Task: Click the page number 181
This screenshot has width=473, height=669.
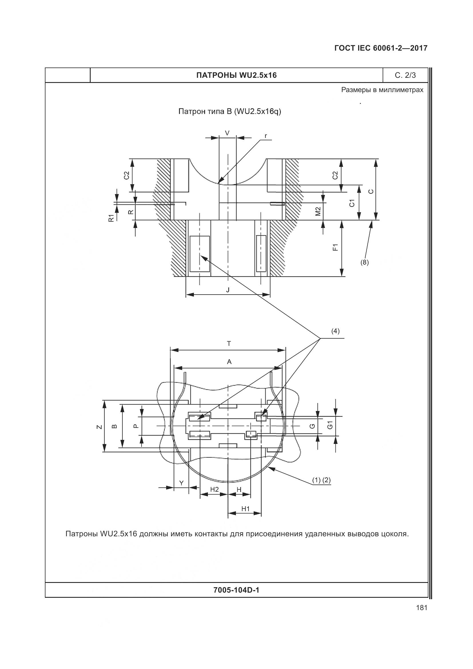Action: click(x=422, y=608)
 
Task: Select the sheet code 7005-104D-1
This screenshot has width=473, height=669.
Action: click(x=236, y=590)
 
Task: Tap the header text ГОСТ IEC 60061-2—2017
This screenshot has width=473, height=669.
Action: click(x=381, y=48)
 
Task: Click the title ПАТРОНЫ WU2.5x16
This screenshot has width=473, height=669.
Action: click(x=236, y=75)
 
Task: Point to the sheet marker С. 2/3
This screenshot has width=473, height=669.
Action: click(x=405, y=75)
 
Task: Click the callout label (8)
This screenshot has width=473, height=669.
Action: click(x=364, y=262)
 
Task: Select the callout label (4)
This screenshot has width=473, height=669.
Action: click(x=335, y=331)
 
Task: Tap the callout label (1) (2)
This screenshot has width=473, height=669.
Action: click(x=321, y=480)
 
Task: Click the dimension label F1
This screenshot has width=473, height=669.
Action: click(x=335, y=247)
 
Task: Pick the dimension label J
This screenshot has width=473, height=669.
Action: click(x=228, y=290)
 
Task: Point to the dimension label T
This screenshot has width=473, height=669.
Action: click(x=229, y=344)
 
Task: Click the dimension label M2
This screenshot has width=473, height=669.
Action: click(x=318, y=211)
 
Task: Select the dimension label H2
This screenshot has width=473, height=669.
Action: click(x=214, y=489)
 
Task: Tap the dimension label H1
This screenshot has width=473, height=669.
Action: click(x=246, y=509)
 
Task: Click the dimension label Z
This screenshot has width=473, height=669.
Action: click(x=100, y=427)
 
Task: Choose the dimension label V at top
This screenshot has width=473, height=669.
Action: click(x=227, y=133)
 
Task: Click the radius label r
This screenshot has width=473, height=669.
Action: click(x=266, y=136)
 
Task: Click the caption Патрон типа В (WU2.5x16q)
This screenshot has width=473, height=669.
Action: click(x=230, y=112)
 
